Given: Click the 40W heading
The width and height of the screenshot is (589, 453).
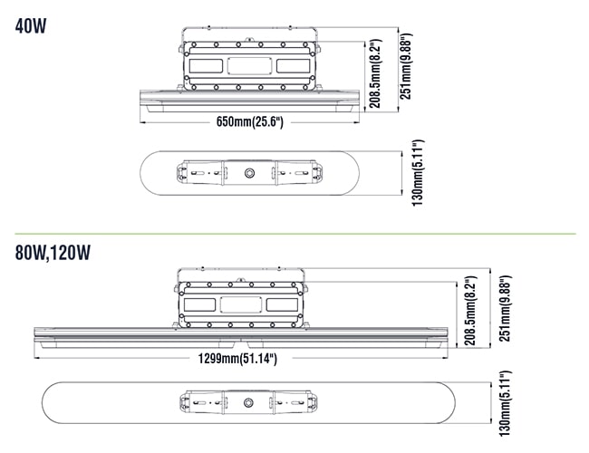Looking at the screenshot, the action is (x=31, y=26).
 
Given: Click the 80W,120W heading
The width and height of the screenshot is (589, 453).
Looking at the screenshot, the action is (x=53, y=253).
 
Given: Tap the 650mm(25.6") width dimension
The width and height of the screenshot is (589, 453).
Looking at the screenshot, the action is (x=250, y=121).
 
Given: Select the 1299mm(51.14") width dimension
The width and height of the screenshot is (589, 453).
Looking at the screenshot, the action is (x=237, y=359).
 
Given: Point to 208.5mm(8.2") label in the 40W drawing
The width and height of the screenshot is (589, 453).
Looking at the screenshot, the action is (x=376, y=73).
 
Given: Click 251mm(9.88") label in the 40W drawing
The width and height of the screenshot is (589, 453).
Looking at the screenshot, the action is (x=406, y=66).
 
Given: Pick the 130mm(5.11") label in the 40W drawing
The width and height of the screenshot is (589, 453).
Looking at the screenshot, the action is (x=418, y=173).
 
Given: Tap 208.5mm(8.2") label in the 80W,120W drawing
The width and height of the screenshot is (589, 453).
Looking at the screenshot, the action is (x=469, y=311).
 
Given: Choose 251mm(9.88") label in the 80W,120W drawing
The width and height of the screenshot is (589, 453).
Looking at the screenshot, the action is (x=506, y=308).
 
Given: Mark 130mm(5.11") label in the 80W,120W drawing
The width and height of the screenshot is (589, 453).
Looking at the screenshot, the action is (x=506, y=404).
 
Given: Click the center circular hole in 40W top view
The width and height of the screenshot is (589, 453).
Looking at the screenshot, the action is (x=249, y=173).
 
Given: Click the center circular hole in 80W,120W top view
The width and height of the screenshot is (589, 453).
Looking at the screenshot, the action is (x=248, y=402).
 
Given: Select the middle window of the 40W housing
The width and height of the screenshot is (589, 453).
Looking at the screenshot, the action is (x=249, y=66).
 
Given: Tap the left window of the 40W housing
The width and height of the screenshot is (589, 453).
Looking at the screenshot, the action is (x=206, y=66).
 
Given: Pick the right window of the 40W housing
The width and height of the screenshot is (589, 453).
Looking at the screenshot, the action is (x=293, y=66).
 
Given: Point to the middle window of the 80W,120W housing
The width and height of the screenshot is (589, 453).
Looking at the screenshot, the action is (x=241, y=304).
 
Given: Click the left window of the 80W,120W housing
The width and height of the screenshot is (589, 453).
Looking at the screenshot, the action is (x=199, y=304).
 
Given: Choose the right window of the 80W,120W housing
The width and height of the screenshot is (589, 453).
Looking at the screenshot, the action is (x=282, y=304).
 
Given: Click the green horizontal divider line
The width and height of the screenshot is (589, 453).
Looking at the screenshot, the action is (x=295, y=234).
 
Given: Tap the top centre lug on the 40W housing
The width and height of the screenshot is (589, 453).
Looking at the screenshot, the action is (x=248, y=39).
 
